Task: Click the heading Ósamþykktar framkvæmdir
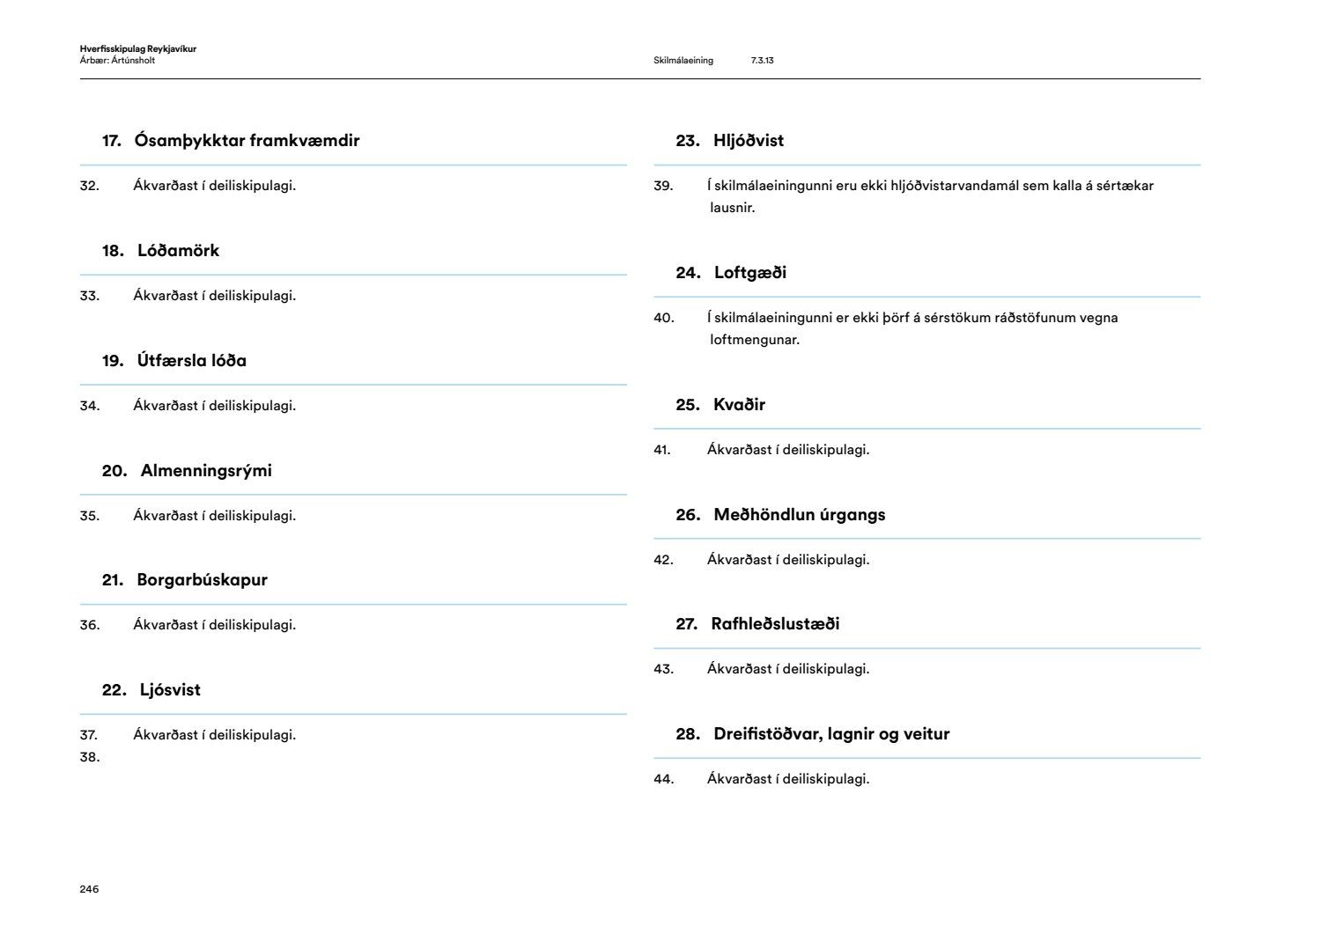pyautogui.click(x=247, y=141)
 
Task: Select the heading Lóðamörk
pyautogui.click(x=178, y=251)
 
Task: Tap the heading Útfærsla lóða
pyautogui.click(x=191, y=361)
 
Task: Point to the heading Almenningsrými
pyautogui.click(x=206, y=471)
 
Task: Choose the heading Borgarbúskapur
pyautogui.click(x=202, y=580)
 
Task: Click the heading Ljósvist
pyautogui.click(x=170, y=690)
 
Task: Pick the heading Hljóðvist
pyautogui.click(x=749, y=141)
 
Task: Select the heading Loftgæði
pyautogui.click(x=750, y=273)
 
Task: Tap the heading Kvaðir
pyautogui.click(x=739, y=405)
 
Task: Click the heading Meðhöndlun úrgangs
pyautogui.click(x=799, y=515)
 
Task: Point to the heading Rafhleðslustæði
pyautogui.click(x=775, y=624)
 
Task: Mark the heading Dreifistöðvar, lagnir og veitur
pyautogui.click(x=831, y=734)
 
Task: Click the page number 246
pyautogui.click(x=89, y=889)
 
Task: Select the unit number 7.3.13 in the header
pyautogui.click(x=762, y=61)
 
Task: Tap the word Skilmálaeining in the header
pyautogui.click(x=683, y=61)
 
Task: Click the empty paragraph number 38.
pyautogui.click(x=89, y=757)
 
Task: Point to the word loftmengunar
pyautogui.click(x=754, y=340)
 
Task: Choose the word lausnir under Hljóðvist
pyautogui.click(x=732, y=208)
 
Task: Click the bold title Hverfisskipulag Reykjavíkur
pyautogui.click(x=137, y=49)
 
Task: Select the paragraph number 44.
pyautogui.click(x=663, y=779)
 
